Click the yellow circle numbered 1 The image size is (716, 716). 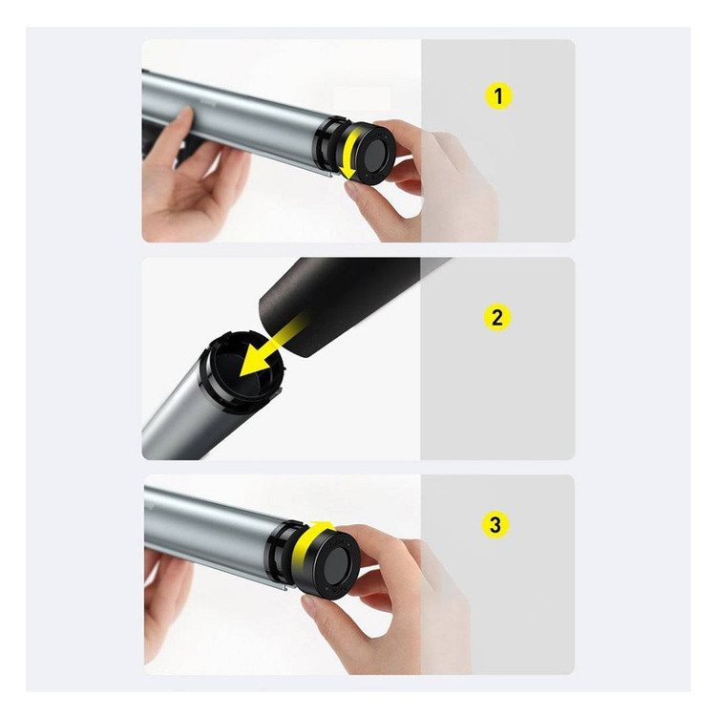coord(498,95)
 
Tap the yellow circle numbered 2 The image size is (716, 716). coord(496,317)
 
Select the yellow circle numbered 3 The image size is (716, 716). coord(495,524)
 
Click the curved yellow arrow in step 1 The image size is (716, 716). coord(348,153)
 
